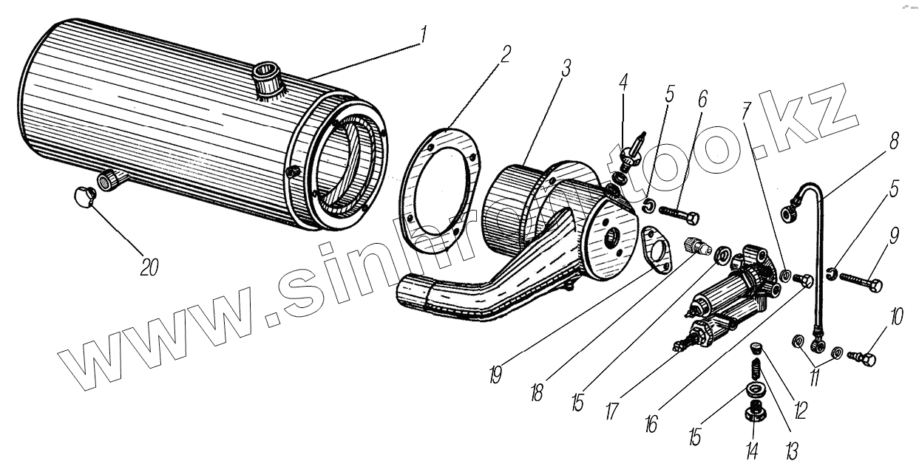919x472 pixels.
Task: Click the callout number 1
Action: (423, 34)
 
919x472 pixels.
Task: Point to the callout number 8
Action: (895, 140)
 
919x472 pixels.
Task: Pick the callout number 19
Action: (495, 375)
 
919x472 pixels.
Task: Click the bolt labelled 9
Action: (859, 283)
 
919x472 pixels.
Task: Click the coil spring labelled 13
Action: (756, 367)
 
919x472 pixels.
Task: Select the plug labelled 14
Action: (753, 411)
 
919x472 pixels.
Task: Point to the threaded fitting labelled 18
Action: (698, 246)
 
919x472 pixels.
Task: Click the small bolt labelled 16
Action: (804, 281)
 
